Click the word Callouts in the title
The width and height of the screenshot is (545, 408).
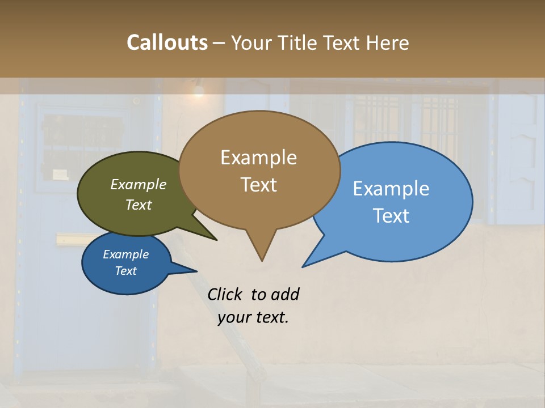(x=167, y=42)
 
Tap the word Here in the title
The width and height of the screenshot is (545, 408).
(x=387, y=42)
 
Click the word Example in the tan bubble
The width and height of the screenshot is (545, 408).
(x=259, y=158)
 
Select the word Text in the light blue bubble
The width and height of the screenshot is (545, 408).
(x=391, y=216)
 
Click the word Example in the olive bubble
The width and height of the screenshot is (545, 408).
(x=139, y=185)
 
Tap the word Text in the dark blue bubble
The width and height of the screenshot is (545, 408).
(x=126, y=271)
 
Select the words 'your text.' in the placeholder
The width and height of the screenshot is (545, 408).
(x=253, y=317)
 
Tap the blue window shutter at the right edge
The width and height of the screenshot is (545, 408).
(x=519, y=159)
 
